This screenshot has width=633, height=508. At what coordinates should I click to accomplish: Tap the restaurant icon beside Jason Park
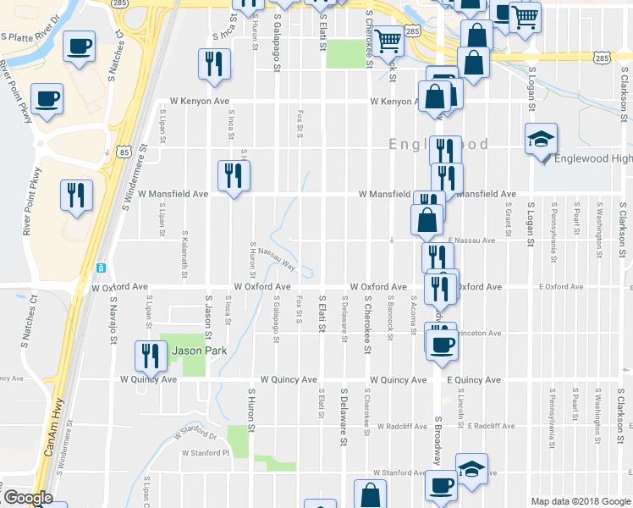(151, 356)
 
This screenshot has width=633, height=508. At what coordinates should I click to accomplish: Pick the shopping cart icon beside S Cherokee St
(388, 39)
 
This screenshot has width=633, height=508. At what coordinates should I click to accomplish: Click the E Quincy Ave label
(474, 380)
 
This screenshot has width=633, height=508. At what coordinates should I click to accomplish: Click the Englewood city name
(438, 145)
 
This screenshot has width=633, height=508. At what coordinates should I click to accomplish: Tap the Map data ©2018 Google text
(581, 501)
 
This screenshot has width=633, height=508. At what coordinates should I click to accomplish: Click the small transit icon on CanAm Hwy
(102, 268)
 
